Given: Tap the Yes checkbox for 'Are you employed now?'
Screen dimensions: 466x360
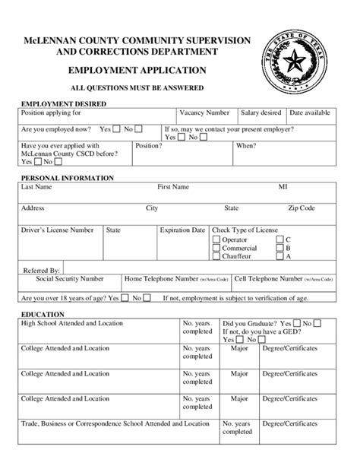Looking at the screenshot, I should pos(116,129).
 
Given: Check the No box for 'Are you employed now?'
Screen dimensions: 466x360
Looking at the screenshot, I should pos(139,129).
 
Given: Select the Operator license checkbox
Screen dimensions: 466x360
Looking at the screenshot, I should pos(216,239).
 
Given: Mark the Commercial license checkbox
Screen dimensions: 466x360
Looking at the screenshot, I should pos(216,248).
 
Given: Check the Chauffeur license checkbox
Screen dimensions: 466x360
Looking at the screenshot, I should pos(216,256).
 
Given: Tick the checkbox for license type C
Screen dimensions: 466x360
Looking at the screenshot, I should pos(279,239).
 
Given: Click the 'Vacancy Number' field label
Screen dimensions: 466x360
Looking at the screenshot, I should pos(204,113).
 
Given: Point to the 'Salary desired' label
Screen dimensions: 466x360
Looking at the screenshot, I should pos(261,113).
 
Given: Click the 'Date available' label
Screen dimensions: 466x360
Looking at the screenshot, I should pos(310,113).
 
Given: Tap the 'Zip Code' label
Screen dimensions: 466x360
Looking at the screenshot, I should pos(302,208).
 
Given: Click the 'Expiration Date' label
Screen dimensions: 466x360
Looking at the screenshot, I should pos(182,230).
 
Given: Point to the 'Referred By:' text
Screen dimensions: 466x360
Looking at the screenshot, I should pos(42,270).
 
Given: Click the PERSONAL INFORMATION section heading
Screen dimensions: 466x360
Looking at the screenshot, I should pos(68,178).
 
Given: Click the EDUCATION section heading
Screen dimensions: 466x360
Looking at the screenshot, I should pos(43,314).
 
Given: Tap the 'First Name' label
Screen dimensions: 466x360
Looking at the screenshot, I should pos(173,186).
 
